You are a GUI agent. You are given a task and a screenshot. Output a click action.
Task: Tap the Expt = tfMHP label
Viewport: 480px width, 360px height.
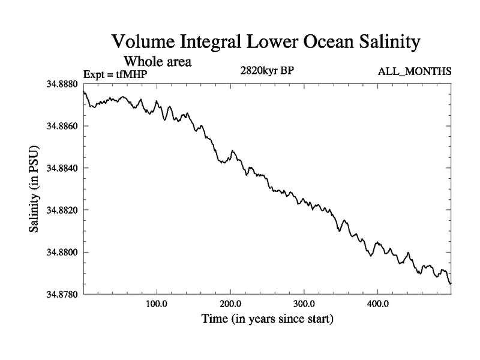pos(115,74)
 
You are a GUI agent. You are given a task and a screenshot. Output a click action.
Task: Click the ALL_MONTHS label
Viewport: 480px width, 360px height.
pos(414,71)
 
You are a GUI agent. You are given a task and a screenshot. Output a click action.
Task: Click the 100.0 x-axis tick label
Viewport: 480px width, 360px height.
pos(157,304)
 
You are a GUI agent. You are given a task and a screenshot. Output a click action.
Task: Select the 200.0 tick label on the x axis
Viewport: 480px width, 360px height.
pos(230,304)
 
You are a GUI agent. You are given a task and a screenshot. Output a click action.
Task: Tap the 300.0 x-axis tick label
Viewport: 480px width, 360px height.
pos(304,304)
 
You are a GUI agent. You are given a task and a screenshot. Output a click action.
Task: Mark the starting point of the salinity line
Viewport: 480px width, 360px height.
pos(83,92)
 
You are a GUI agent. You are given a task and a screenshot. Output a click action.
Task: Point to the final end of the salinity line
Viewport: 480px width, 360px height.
pos(451,283)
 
